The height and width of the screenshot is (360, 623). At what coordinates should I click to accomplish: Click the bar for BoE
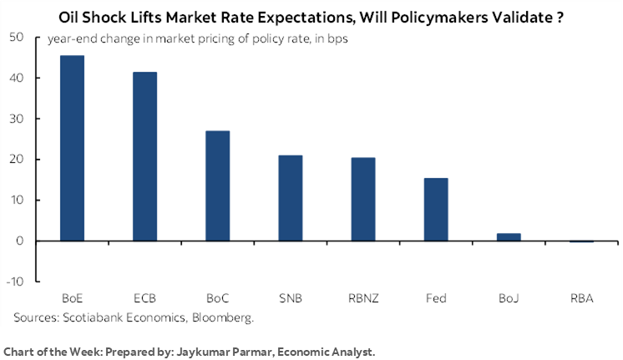tap(73, 148)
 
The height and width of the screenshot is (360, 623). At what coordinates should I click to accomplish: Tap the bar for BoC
tap(217, 185)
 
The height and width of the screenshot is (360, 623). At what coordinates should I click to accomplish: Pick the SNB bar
tap(290, 198)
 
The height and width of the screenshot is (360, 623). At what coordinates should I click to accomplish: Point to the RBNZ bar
tap(362, 199)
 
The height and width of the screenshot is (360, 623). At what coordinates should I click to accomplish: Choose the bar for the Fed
tap(435, 209)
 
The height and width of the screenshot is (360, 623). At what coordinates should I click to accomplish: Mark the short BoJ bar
tap(508, 237)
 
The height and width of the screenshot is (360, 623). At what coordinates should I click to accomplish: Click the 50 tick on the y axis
tap(18, 38)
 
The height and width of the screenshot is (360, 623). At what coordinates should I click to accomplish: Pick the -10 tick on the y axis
tap(16, 281)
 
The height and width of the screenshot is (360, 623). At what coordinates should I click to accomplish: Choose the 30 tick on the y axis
tap(18, 119)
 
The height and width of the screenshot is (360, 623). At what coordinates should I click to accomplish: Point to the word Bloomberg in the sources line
tap(222, 317)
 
